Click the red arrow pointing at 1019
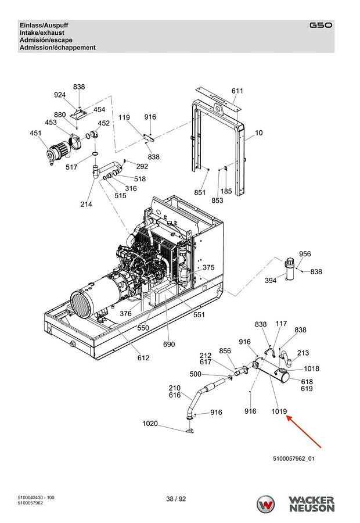point(304,431)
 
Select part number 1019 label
point(279,411)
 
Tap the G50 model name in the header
point(321,26)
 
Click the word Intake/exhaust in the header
point(42,33)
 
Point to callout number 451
point(35,133)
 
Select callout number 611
point(237,91)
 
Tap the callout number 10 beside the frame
point(259,132)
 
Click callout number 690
point(169,344)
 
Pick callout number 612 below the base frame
point(143,357)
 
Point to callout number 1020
point(150,424)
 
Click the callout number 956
point(305,254)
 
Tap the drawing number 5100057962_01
point(294,458)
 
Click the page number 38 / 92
point(176,499)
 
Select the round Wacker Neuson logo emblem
point(266,504)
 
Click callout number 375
point(208,267)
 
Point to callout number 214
point(86,204)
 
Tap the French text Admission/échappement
point(57,48)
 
